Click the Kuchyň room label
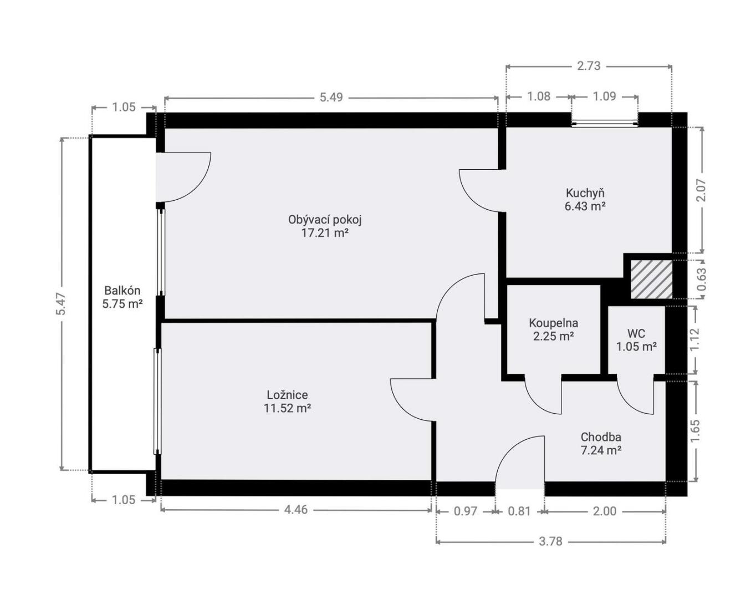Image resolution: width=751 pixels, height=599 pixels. [585, 193]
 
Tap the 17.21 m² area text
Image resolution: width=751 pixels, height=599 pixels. [325, 233]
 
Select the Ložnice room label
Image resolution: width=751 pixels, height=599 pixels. [287, 395]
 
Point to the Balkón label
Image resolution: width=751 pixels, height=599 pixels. [122, 290]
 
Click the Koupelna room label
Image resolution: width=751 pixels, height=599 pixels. [554, 323]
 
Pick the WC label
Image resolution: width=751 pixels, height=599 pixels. [636, 333]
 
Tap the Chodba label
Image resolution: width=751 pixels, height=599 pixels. [601, 437]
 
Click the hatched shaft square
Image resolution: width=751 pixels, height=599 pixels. [651, 280]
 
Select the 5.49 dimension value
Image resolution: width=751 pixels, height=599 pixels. [331, 97]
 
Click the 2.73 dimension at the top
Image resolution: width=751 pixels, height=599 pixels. [589, 65]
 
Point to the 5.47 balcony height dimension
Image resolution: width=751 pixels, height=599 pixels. [62, 304]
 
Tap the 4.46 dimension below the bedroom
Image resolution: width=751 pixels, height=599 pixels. [296, 510]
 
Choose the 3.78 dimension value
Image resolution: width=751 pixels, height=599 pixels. [551, 541]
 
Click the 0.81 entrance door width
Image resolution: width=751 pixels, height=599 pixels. [519, 511]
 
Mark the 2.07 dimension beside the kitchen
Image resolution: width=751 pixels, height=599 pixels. [701, 190]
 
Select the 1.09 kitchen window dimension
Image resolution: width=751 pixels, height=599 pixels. [605, 96]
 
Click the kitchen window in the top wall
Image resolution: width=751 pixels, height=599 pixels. [605, 123]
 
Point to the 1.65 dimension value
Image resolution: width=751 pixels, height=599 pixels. [695, 430]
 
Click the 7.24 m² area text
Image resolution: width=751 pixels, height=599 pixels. [601, 450]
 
